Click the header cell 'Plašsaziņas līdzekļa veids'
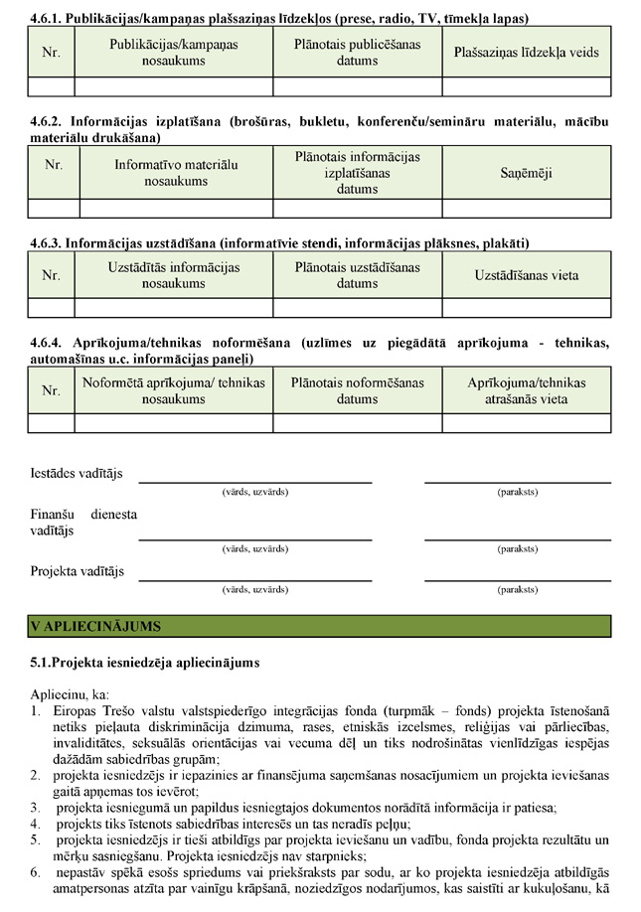pos(526,52)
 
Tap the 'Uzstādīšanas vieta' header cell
pos(526,274)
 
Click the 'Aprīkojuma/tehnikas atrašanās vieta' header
pos(526,390)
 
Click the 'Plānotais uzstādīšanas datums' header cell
pos(357,274)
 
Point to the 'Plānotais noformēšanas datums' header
pos(357,390)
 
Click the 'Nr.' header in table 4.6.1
pos(51,53)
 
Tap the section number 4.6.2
pos(46,122)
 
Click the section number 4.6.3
pos(46,242)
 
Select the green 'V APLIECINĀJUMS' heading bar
pos(320,626)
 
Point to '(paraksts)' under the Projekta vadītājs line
pos(517,589)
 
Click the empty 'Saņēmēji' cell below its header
pos(526,208)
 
